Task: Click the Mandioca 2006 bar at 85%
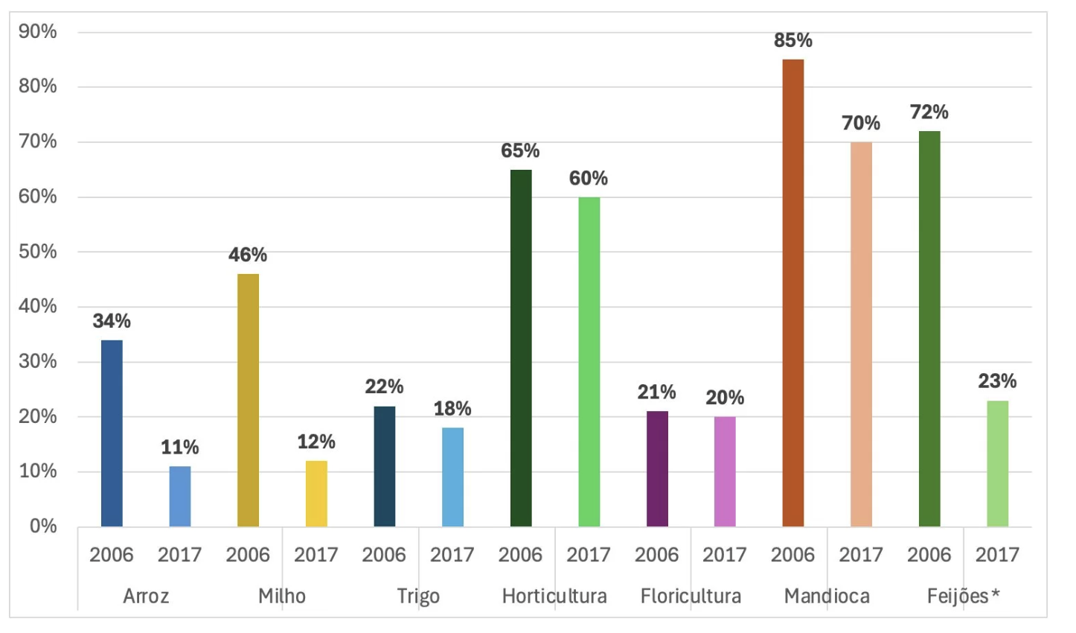(x=792, y=293)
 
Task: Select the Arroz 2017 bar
(x=179, y=496)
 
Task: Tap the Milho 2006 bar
(x=248, y=400)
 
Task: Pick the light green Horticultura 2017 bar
(x=589, y=361)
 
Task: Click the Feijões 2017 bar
(x=997, y=463)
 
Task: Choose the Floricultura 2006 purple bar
(x=656, y=468)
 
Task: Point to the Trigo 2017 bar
(x=452, y=477)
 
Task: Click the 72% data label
(x=929, y=112)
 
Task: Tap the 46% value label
(x=248, y=255)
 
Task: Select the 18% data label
(x=452, y=409)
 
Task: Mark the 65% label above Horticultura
(x=520, y=151)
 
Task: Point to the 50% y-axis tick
(x=38, y=252)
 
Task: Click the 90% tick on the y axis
(x=38, y=32)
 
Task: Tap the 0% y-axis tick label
(x=43, y=527)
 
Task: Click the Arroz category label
(x=146, y=596)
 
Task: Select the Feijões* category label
(x=963, y=596)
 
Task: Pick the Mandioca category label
(x=827, y=596)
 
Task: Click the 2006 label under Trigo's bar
(x=384, y=555)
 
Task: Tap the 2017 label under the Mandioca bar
(x=861, y=555)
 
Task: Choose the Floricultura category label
(x=691, y=596)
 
